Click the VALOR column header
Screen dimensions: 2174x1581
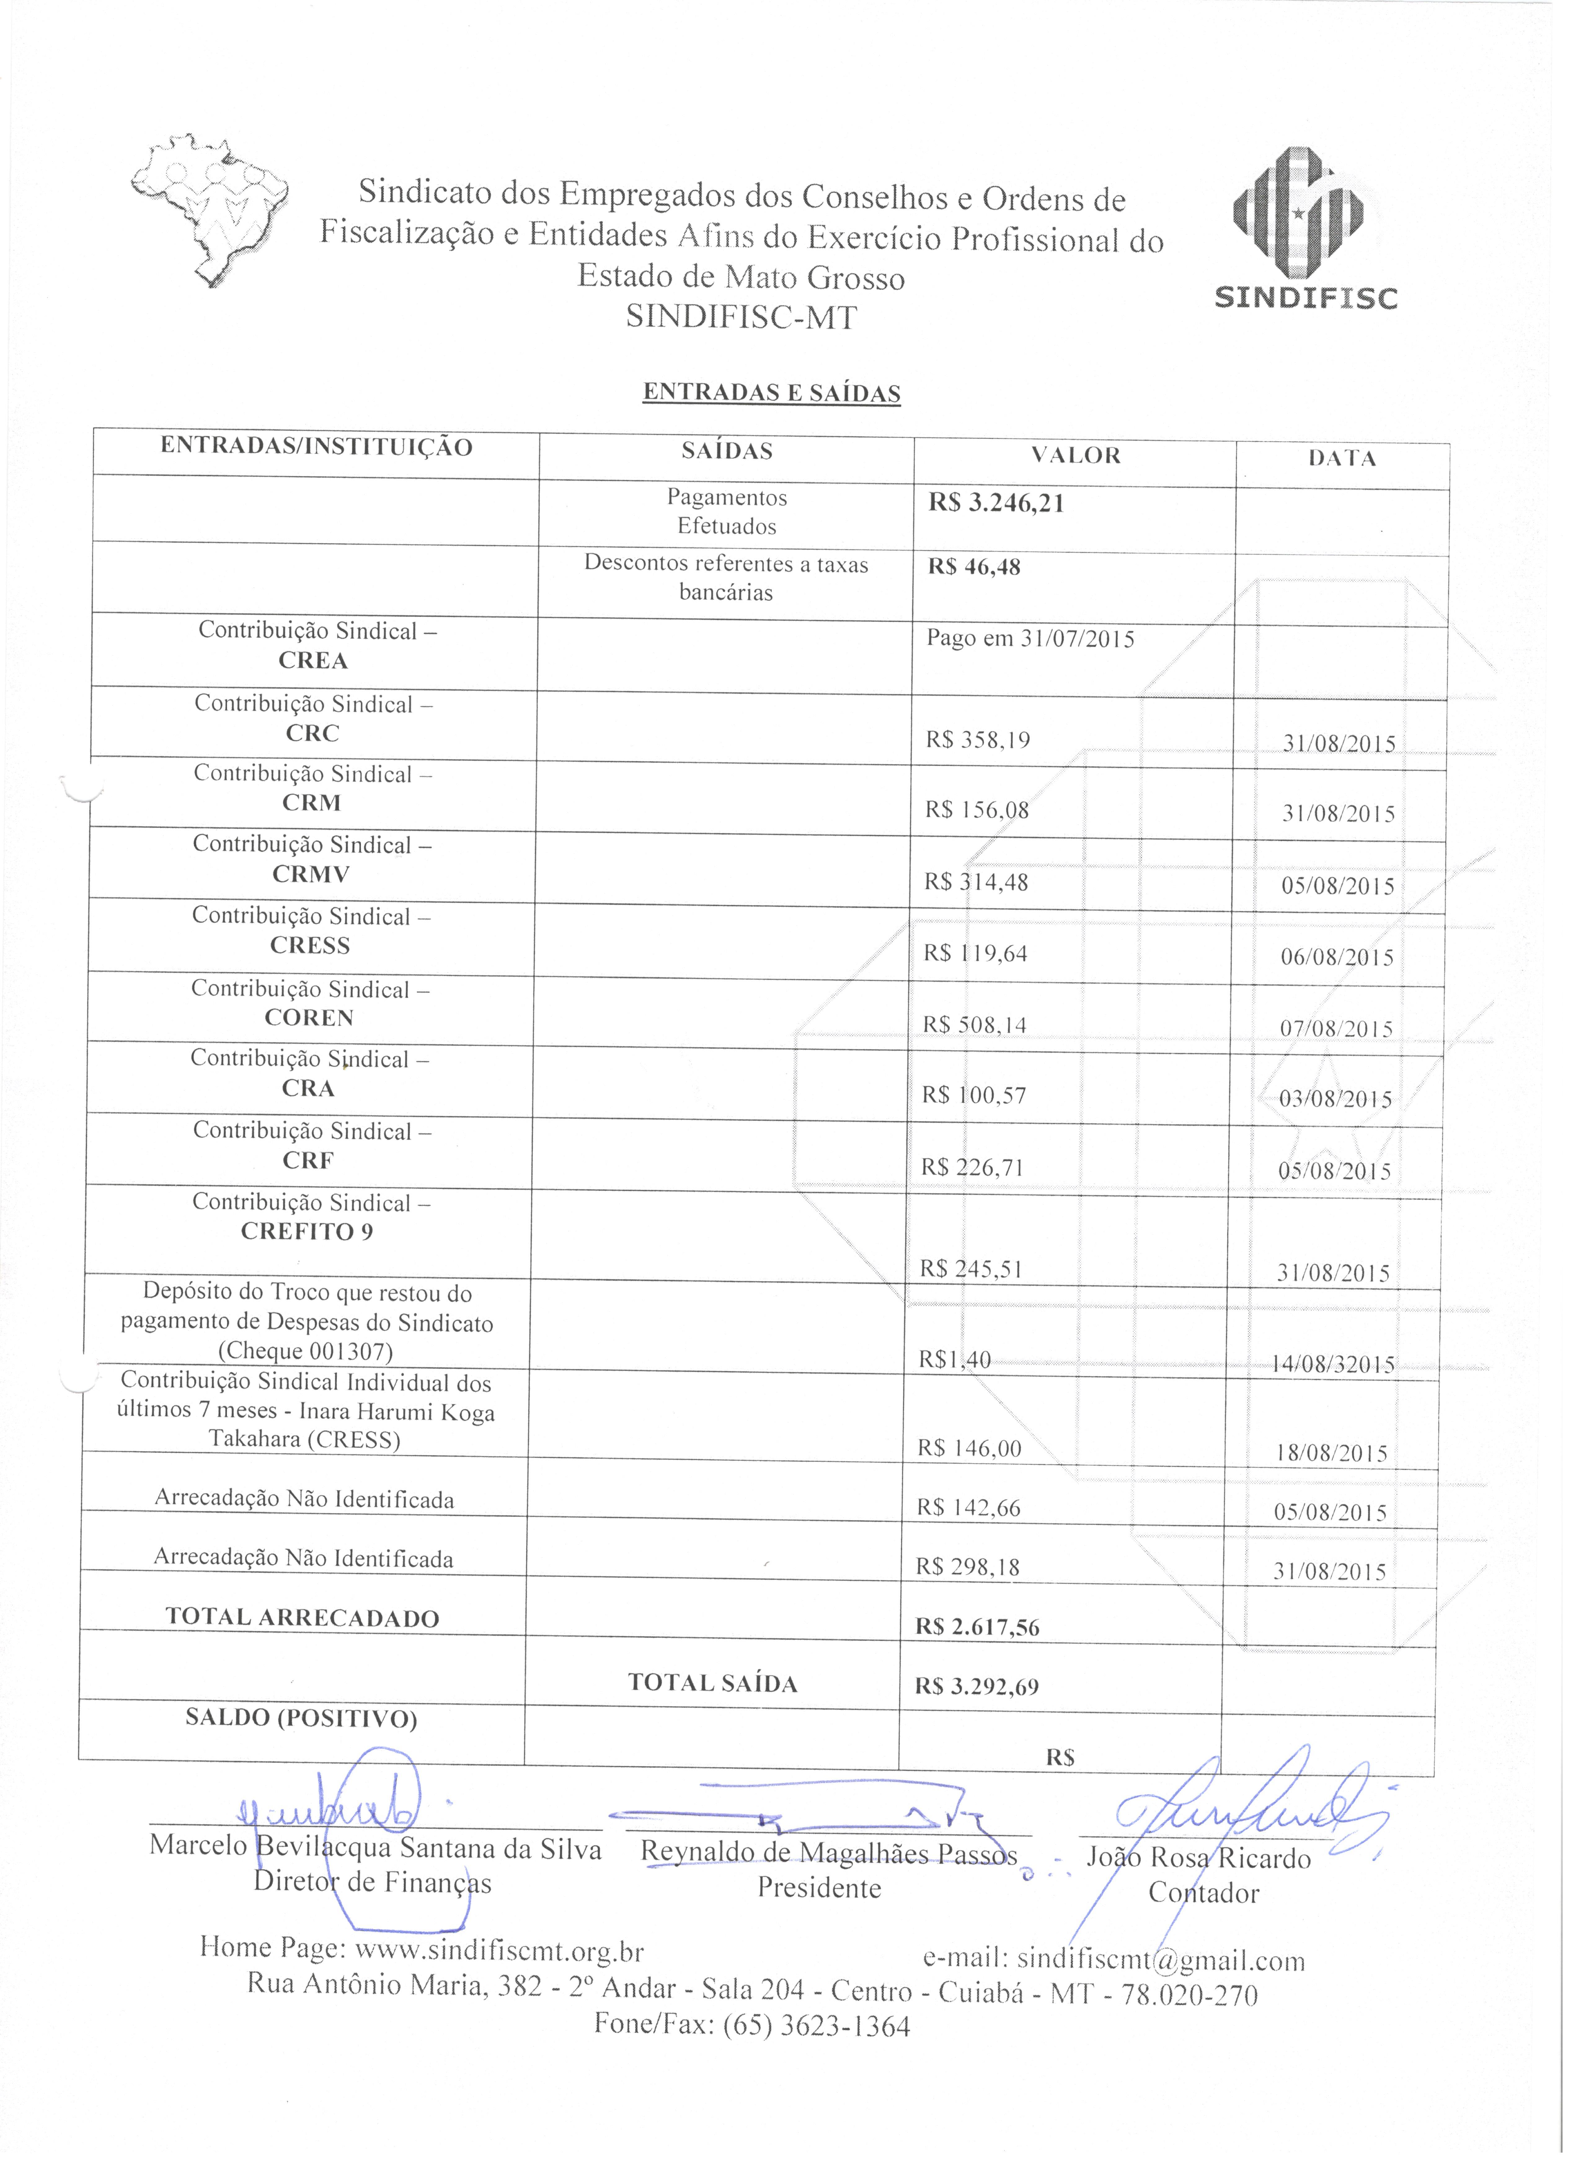coord(1076,455)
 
